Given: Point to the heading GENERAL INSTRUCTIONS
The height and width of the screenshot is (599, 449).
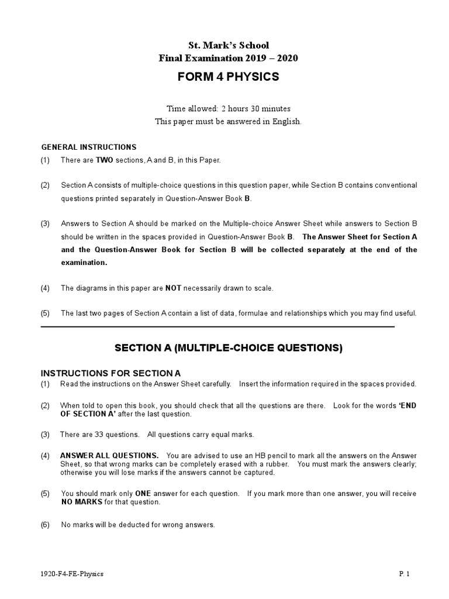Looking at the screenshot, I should [x=88, y=147].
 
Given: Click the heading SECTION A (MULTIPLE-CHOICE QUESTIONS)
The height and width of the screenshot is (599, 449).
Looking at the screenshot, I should [x=229, y=348].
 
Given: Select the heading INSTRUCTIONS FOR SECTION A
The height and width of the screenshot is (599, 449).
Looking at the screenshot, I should [x=110, y=373].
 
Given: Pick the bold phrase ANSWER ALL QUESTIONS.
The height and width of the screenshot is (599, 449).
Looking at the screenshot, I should [x=109, y=455].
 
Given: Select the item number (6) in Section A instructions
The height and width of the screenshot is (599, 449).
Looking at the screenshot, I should [x=45, y=525].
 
